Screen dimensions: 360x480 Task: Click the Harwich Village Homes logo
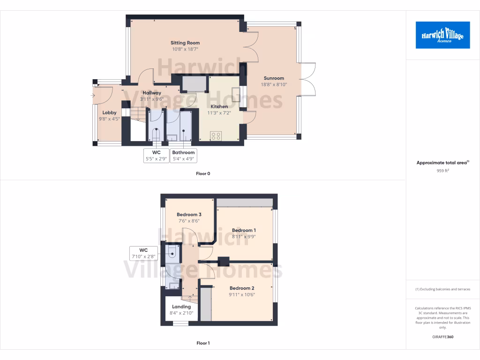point(442,35)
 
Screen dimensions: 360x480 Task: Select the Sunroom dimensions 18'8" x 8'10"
point(274,85)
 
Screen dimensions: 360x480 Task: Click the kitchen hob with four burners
point(216,136)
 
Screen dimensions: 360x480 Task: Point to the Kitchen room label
point(219,106)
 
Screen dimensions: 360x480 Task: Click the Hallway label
point(152,93)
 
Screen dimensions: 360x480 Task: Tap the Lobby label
point(110,112)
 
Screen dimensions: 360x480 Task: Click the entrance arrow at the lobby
point(93,96)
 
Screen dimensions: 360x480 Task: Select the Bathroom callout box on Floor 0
point(183,156)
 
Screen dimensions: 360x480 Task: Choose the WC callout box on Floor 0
point(156,156)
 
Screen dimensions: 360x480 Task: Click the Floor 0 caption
point(203,174)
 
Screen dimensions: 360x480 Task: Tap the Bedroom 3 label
point(189,215)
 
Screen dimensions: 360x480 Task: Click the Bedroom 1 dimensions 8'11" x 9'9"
point(244,237)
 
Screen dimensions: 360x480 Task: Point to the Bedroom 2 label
point(242,288)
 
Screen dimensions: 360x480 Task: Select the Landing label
point(181,307)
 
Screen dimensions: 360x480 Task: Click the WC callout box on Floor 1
point(143,253)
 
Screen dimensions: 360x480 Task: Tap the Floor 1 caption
point(203,344)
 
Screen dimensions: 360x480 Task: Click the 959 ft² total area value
point(442,171)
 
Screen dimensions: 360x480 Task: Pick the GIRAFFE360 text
point(442,337)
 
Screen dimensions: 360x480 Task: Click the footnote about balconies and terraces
point(442,289)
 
